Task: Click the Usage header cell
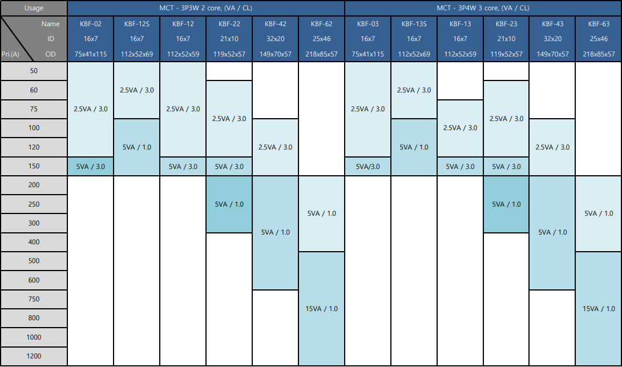coord(34,8)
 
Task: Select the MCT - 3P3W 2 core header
coord(206,8)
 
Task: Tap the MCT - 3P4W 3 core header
coord(483,8)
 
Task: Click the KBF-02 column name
coord(90,24)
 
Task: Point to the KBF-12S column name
coord(137,24)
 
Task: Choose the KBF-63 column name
coord(599,24)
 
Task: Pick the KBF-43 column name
coord(552,24)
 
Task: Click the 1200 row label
coord(34,356)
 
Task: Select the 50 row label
coord(34,71)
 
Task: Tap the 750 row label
coord(34,299)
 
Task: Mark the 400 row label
coord(34,241)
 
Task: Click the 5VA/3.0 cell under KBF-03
coord(367,166)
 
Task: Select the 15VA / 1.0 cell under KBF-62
coord(321,308)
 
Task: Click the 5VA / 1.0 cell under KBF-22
coord(229,204)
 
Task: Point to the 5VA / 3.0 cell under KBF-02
coord(90,166)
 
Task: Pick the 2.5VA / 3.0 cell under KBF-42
coord(275,147)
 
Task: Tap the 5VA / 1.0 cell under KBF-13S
coord(414,147)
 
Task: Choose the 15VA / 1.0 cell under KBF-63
coord(599,308)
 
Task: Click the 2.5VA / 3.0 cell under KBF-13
coord(460,128)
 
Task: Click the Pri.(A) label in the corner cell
coord(10,54)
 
